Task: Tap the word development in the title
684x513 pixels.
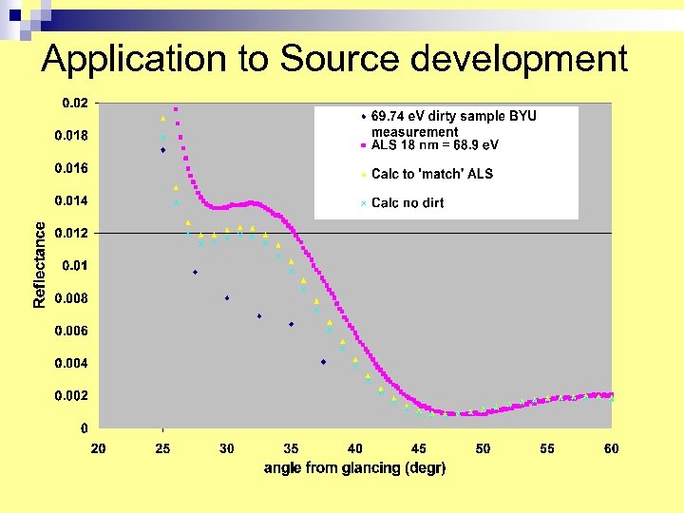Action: [x=520, y=59]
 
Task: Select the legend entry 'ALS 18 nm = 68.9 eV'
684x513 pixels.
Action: [x=434, y=145]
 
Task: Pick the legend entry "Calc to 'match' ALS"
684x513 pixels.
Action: [x=432, y=174]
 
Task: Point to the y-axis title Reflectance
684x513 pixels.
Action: [x=39, y=264]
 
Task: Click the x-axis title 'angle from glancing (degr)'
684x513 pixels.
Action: [x=354, y=468]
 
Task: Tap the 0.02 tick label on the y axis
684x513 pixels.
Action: [x=75, y=103]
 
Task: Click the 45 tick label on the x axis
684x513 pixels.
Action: [x=419, y=448]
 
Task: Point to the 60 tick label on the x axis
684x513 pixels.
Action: [x=612, y=448]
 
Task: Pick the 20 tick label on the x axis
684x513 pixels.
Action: [x=98, y=448]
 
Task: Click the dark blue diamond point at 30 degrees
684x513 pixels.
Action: [x=227, y=298]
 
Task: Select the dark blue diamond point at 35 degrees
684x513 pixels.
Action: [x=292, y=324]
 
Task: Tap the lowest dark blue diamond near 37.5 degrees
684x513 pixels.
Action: [x=323, y=362]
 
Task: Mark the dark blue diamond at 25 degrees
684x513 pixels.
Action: [x=163, y=150]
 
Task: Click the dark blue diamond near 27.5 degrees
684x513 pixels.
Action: [x=195, y=273]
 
